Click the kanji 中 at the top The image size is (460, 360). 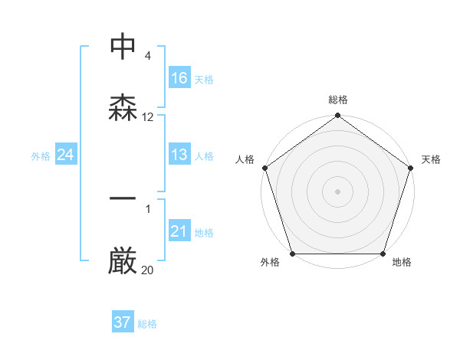click(x=123, y=47)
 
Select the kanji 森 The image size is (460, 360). click(x=123, y=108)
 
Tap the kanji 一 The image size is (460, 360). click(x=123, y=200)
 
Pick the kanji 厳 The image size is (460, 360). click(x=123, y=261)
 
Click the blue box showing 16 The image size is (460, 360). click(x=179, y=78)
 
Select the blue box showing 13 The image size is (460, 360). click(x=179, y=155)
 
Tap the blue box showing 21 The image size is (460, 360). click(x=179, y=231)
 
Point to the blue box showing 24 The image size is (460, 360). click(x=66, y=155)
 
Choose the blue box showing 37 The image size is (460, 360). click(x=123, y=322)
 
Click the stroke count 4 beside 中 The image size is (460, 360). click(x=147, y=56)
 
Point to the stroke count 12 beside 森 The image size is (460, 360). click(x=148, y=117)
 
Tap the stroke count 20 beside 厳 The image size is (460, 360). click(x=148, y=270)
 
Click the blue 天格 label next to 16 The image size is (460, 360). click(x=204, y=79)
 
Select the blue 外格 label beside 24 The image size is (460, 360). click(x=41, y=155)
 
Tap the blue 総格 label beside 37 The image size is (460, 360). click(x=147, y=324)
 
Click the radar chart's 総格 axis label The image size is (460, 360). click(x=337, y=100)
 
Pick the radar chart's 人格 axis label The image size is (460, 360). click(x=245, y=159)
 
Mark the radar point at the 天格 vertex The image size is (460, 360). click(x=411, y=168)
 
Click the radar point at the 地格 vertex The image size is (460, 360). click(x=383, y=254)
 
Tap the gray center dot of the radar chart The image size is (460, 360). click(x=337, y=191)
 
